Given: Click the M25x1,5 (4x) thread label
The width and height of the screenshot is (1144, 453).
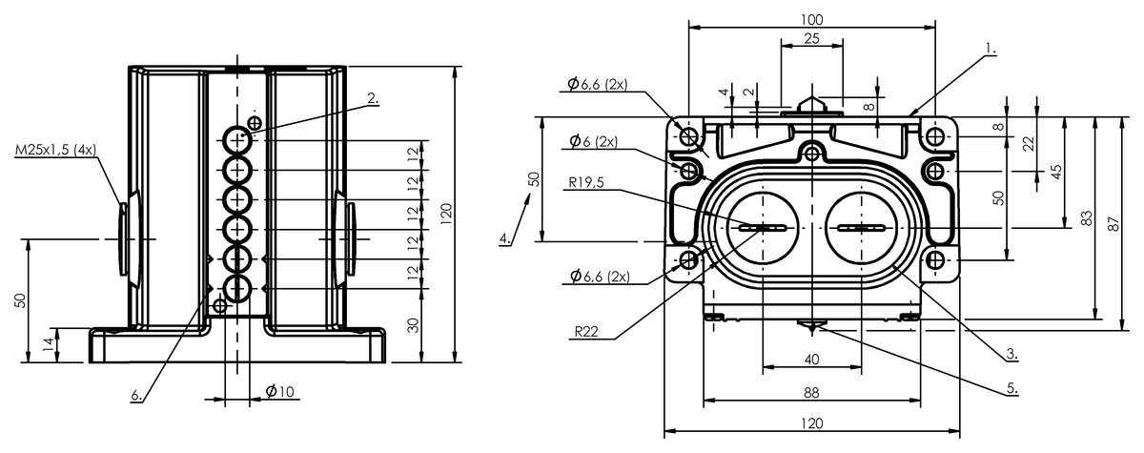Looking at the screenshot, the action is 55,150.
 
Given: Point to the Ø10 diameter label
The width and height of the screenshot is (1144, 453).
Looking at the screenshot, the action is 280,392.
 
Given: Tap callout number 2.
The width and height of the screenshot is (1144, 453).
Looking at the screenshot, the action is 374,98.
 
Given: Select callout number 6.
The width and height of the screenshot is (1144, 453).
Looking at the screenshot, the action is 136,395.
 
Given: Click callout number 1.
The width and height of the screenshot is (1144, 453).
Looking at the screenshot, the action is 991,49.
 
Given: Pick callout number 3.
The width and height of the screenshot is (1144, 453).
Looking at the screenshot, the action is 1011,353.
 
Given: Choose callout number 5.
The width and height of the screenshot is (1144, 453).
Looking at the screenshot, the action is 1012,388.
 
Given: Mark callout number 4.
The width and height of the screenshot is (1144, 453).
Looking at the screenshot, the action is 505,238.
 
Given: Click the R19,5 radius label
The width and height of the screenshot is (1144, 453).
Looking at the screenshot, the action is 585,182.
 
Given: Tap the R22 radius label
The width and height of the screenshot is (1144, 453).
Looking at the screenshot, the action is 586,332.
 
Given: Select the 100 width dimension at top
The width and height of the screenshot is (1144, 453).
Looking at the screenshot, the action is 811,19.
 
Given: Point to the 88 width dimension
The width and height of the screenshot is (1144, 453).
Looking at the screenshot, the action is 811,392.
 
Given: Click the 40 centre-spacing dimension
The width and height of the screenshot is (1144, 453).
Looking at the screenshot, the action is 811,360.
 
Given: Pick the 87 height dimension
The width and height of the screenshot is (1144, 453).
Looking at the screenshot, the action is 1113,224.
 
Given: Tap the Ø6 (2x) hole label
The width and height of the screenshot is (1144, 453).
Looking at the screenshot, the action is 593,141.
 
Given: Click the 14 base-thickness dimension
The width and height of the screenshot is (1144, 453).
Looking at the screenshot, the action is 48,343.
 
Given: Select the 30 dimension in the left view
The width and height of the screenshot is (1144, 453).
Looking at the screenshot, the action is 414,325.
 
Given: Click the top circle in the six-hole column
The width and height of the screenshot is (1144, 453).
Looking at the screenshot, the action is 237,139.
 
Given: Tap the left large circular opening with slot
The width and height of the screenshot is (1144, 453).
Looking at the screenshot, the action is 763,228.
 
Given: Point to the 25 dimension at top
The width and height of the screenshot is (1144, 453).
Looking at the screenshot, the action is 811,38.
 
